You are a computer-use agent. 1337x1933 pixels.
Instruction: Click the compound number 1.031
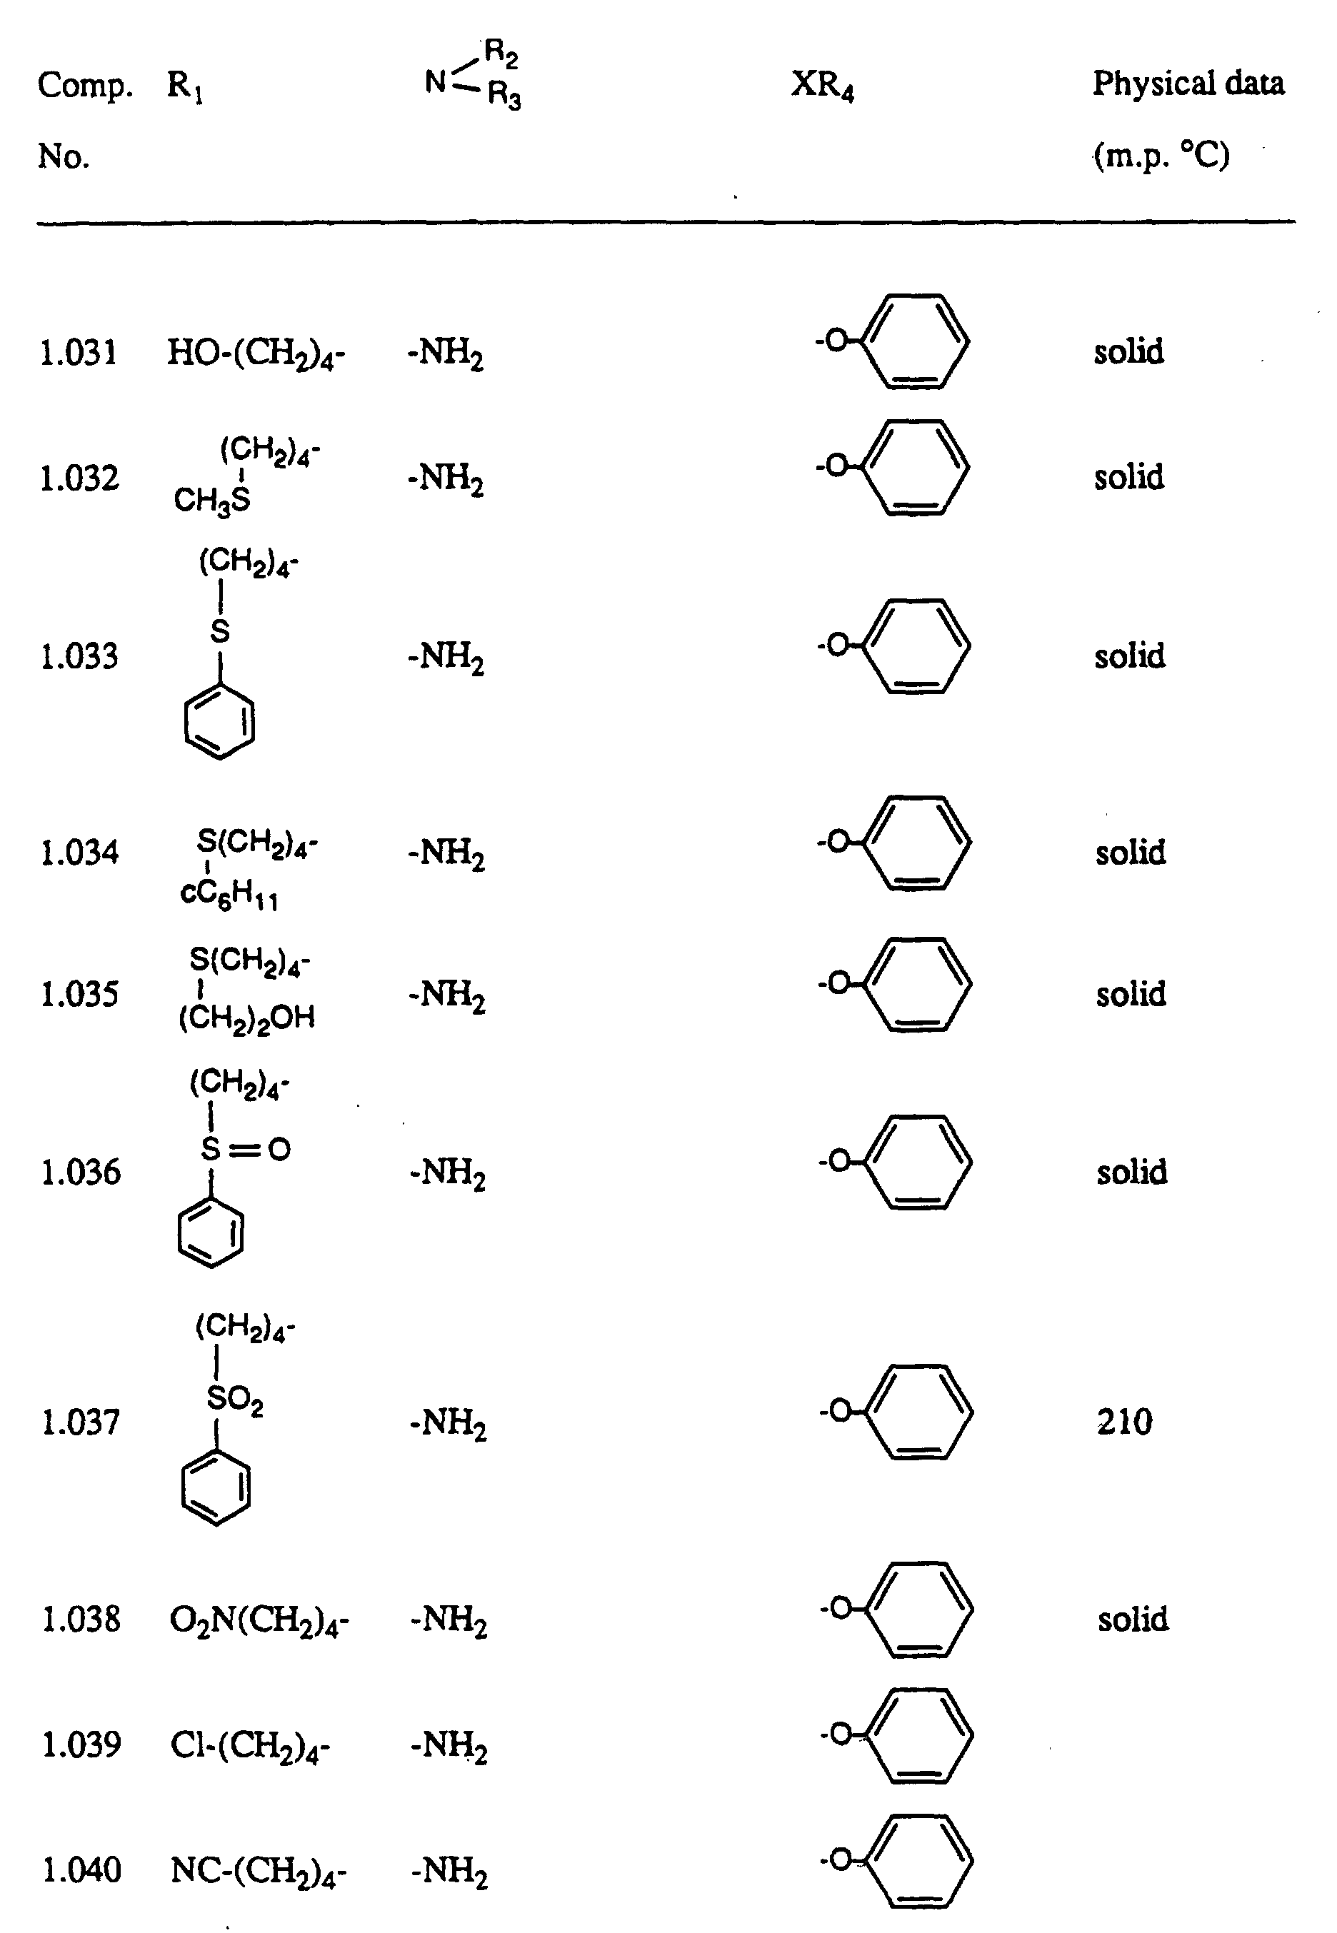(79, 353)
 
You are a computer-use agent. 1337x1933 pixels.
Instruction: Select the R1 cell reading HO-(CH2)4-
(256, 353)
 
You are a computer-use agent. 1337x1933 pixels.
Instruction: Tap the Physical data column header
(1188, 84)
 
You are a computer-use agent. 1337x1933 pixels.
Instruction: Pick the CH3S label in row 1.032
(212, 501)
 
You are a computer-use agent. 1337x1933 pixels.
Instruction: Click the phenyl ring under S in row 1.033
(219, 722)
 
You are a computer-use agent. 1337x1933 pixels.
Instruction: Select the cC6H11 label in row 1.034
(229, 895)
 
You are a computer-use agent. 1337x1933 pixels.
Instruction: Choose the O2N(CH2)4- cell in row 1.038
(259, 1621)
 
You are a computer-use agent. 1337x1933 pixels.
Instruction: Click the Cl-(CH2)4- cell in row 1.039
(251, 1745)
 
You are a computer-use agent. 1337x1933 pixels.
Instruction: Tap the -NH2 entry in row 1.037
(449, 1423)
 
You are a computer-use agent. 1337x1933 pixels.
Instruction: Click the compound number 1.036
(81, 1172)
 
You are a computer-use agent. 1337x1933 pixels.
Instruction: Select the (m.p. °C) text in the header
(1161, 155)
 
